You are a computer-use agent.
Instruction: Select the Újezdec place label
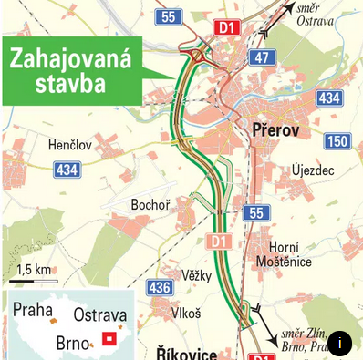point(313,170)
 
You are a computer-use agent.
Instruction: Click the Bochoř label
point(150,205)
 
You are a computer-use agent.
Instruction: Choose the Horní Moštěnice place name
point(289,254)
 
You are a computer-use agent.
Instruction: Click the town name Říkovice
point(186,351)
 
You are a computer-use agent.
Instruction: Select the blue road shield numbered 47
point(263,57)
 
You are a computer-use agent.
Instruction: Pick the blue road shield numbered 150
point(337,140)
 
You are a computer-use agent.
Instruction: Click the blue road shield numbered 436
point(159,288)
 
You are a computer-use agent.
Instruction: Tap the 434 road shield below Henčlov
point(67,170)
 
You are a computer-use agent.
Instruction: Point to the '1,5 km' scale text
point(34,269)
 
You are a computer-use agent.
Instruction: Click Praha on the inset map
point(32,309)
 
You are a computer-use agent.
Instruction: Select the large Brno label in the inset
point(73,343)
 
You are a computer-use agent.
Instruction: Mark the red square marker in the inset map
point(111,338)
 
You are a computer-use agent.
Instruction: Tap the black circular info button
point(339,343)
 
